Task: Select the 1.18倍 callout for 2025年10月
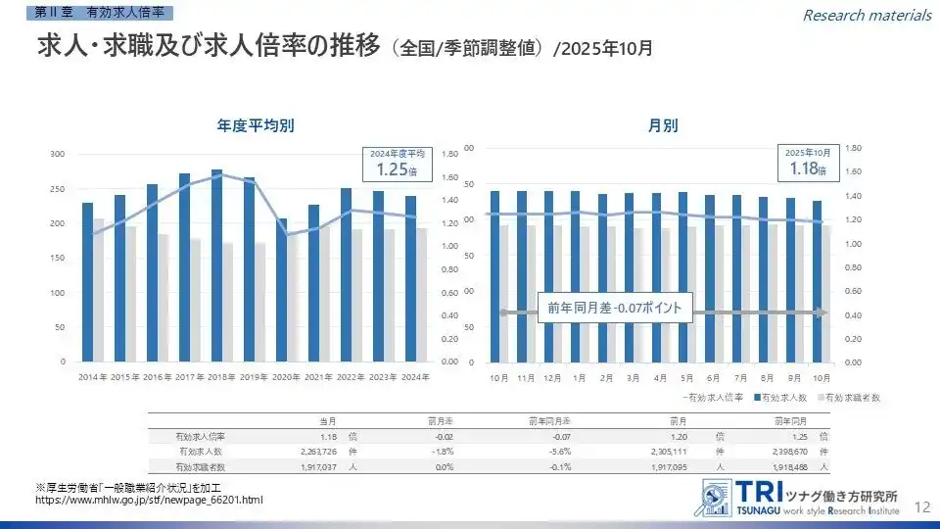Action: [808, 164]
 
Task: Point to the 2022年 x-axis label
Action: [352, 377]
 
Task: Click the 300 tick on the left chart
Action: [57, 154]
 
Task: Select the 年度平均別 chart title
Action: [257, 125]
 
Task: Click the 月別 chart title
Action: [662, 125]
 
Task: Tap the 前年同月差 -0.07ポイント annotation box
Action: [616, 308]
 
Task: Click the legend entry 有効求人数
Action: [782, 398]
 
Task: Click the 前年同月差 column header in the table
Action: [549, 420]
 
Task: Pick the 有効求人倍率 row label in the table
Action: [200, 436]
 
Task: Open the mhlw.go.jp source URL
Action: [149, 501]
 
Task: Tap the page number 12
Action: [921, 505]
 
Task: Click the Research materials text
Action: [867, 15]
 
